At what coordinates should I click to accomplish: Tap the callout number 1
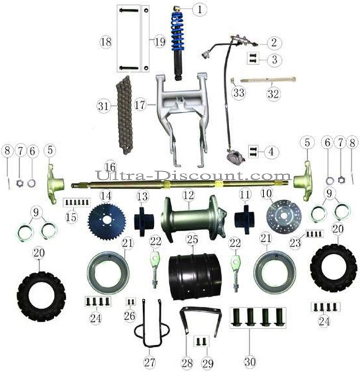(x=200, y=10)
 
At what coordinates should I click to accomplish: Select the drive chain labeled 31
(x=125, y=115)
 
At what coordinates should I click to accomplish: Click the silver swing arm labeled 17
(x=182, y=118)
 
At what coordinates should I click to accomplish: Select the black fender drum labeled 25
(x=195, y=277)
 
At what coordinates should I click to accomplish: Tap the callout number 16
(x=110, y=167)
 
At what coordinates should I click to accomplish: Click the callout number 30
(x=250, y=362)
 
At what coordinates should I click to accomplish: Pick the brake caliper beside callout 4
(x=235, y=156)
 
